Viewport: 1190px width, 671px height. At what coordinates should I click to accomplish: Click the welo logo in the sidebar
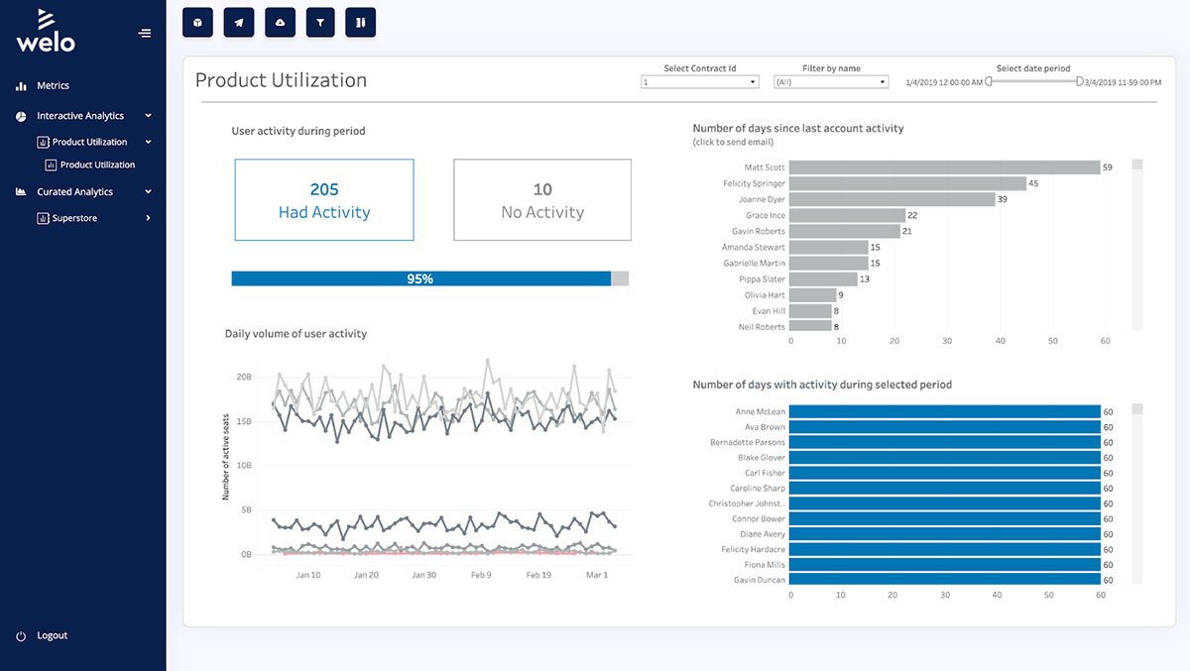[x=46, y=31]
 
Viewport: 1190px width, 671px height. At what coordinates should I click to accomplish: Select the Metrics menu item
[x=53, y=86]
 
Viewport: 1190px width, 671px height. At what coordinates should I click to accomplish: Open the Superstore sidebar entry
[x=74, y=218]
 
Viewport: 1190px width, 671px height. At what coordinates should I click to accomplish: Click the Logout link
[x=52, y=635]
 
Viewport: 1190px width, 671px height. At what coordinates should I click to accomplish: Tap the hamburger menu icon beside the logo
[x=145, y=34]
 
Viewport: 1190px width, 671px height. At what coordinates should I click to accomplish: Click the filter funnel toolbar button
[x=319, y=22]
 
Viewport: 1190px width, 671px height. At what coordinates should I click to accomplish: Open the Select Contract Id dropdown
[x=699, y=82]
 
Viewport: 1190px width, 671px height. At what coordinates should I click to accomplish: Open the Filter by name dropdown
[x=830, y=82]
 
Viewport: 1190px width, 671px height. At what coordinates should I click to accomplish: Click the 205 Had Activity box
[x=324, y=200]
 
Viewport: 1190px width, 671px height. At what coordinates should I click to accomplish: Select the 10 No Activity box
[x=542, y=200]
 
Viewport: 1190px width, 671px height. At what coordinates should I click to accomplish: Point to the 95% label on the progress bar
[x=419, y=280]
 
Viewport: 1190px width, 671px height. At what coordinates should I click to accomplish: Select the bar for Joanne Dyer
[x=892, y=199]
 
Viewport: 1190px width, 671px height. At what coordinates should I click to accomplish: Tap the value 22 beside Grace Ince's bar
[x=912, y=215]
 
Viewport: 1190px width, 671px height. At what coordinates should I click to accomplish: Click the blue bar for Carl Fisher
[x=944, y=473]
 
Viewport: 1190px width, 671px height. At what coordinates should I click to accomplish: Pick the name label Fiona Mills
[x=763, y=565]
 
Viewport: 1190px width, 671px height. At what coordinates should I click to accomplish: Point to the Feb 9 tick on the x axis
[x=481, y=575]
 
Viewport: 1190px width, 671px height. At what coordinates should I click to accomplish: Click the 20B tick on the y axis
[x=244, y=378]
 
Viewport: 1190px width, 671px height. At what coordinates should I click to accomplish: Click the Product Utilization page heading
[x=281, y=80]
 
